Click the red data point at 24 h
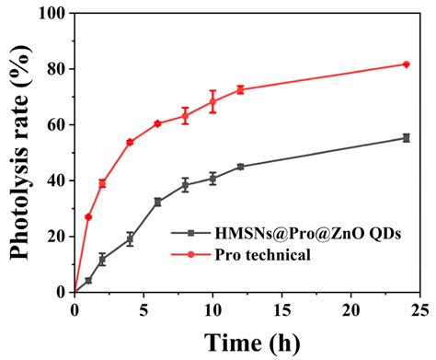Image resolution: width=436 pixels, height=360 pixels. point(407,64)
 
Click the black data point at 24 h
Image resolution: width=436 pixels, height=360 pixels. point(407,138)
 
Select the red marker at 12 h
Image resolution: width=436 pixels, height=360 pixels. point(240,89)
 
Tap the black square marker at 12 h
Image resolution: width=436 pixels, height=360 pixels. point(240,167)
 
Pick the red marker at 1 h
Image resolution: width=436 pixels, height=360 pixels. point(88,216)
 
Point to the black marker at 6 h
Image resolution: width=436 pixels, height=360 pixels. point(157,202)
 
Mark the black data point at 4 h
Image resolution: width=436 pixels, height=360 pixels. point(130,238)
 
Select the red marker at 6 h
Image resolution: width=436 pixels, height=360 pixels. point(157,123)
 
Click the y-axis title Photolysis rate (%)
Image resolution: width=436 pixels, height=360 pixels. point(19,152)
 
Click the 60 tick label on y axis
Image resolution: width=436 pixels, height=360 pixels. point(56,124)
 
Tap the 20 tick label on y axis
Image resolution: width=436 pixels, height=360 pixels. point(56,236)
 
